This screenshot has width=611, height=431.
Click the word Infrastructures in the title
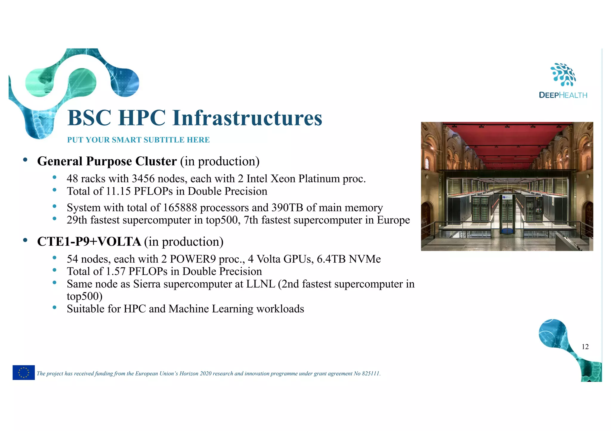(247, 118)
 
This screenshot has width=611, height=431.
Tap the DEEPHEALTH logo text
(563, 95)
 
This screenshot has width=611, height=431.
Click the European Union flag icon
(24, 372)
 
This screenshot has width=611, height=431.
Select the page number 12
(585, 347)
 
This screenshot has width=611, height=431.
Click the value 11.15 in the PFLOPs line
(118, 191)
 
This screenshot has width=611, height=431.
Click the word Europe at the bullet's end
(393, 220)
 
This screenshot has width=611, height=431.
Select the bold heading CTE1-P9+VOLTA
(89, 242)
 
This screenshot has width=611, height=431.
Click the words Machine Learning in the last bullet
(211, 309)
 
